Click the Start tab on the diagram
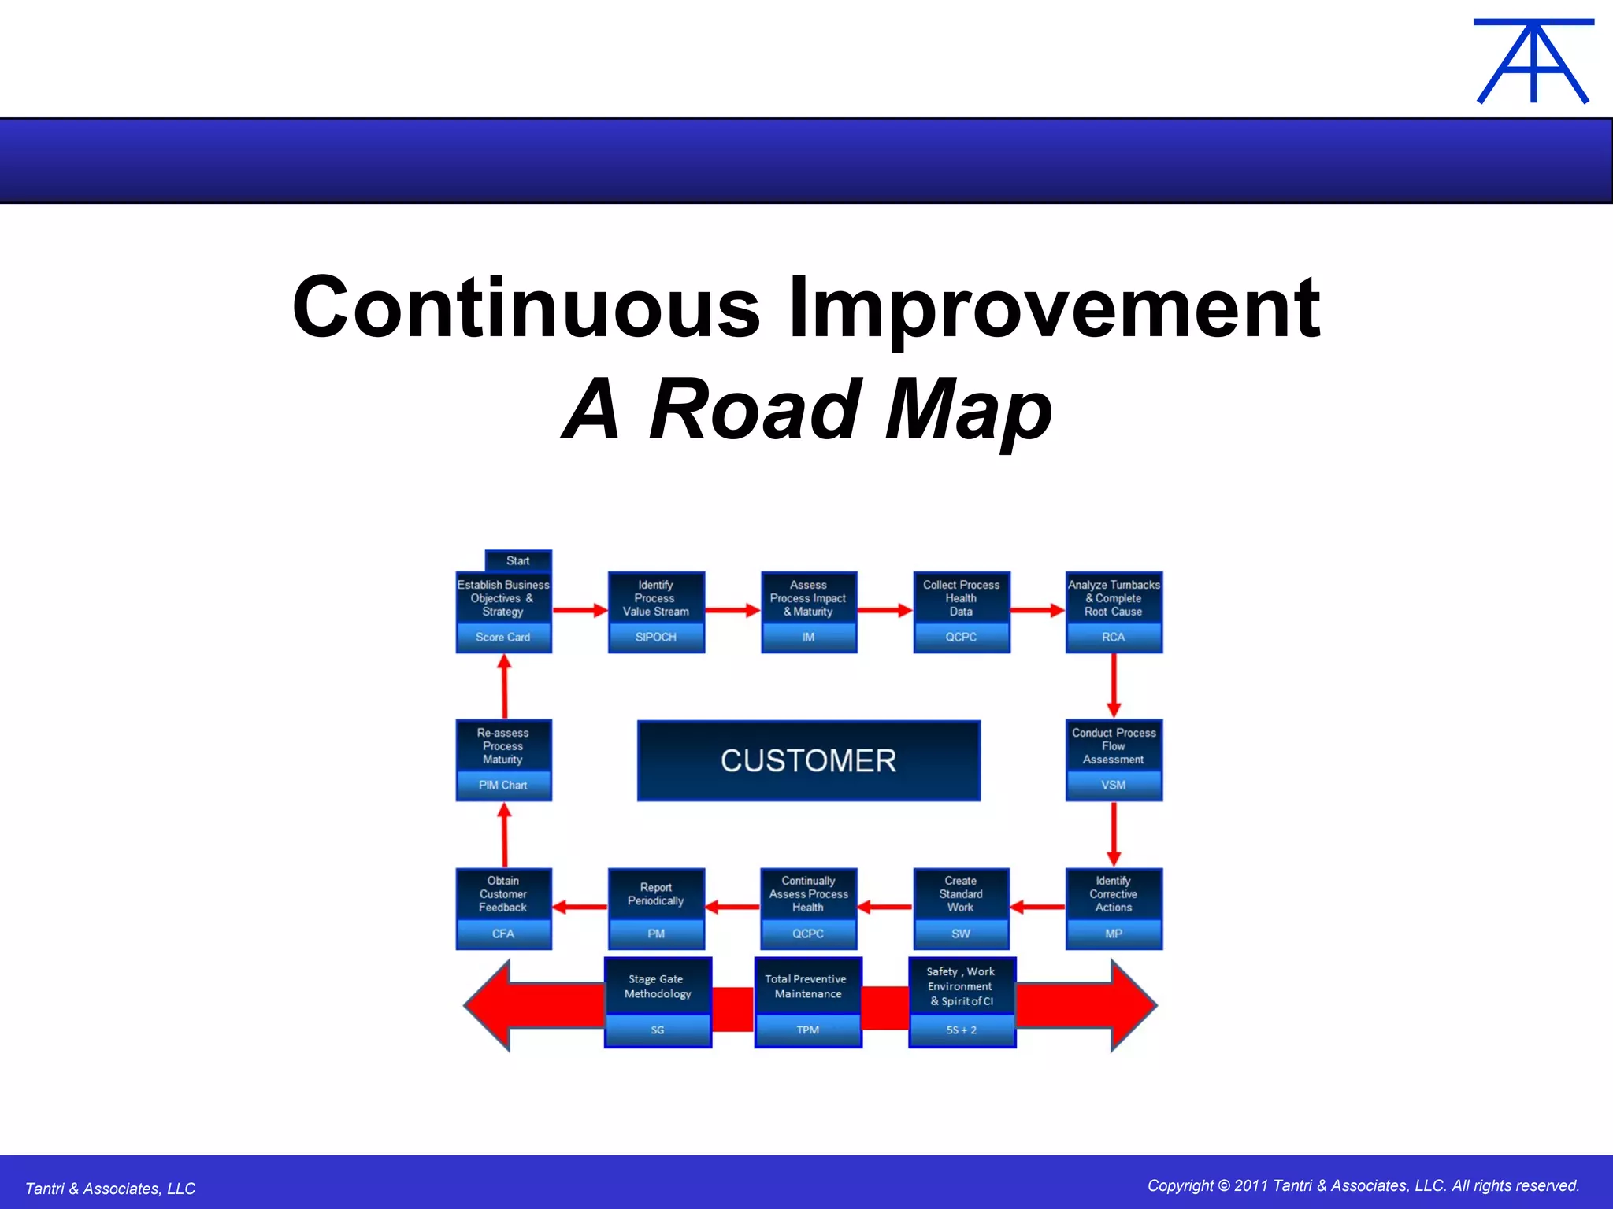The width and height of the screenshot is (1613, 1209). pyautogui.click(x=518, y=560)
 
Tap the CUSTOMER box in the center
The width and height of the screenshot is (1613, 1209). pyautogui.click(x=808, y=760)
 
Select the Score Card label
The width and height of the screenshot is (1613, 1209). pyautogui.click(x=502, y=637)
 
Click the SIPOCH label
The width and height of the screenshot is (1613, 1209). pyautogui.click(x=655, y=637)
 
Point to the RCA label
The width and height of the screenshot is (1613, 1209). pyautogui.click(x=1113, y=637)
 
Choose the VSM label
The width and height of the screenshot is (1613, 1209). pyautogui.click(x=1113, y=785)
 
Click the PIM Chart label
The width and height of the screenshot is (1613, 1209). pyautogui.click(x=502, y=785)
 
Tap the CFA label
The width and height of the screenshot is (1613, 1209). pyautogui.click(x=502, y=934)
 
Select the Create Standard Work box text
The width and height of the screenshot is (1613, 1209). pyautogui.click(x=960, y=894)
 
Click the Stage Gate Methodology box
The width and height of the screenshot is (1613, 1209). pyautogui.click(x=657, y=987)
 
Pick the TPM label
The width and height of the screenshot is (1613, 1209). pyautogui.click(x=807, y=1030)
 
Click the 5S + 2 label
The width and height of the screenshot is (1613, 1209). pyautogui.click(x=961, y=1030)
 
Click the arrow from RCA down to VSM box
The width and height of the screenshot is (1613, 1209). pyautogui.click(x=1113, y=685)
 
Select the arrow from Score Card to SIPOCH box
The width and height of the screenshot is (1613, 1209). pyautogui.click(x=580, y=610)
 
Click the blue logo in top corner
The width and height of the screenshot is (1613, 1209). pyautogui.click(x=1533, y=61)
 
